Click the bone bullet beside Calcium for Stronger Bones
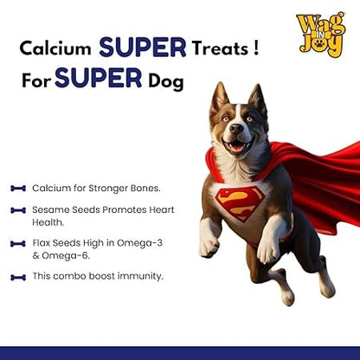[x=17, y=187]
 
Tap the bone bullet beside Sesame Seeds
[x=17, y=209]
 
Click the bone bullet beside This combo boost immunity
[x=17, y=276]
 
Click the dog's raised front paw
[x=209, y=247]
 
